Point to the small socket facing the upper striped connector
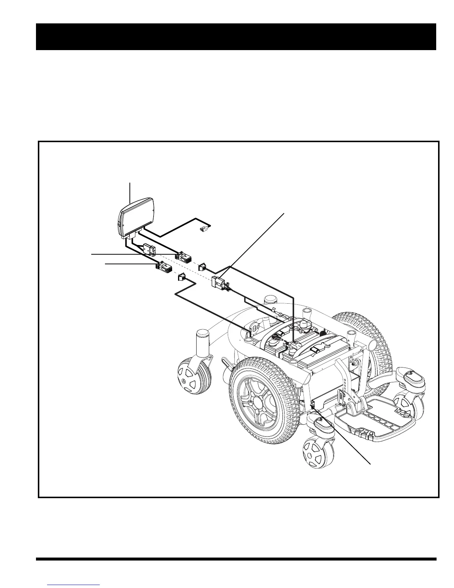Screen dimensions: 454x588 pos(203,266)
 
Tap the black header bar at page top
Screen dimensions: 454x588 pos(236,36)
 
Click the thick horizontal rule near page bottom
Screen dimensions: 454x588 pos(236,558)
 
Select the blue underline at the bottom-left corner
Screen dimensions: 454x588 pos(74,585)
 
